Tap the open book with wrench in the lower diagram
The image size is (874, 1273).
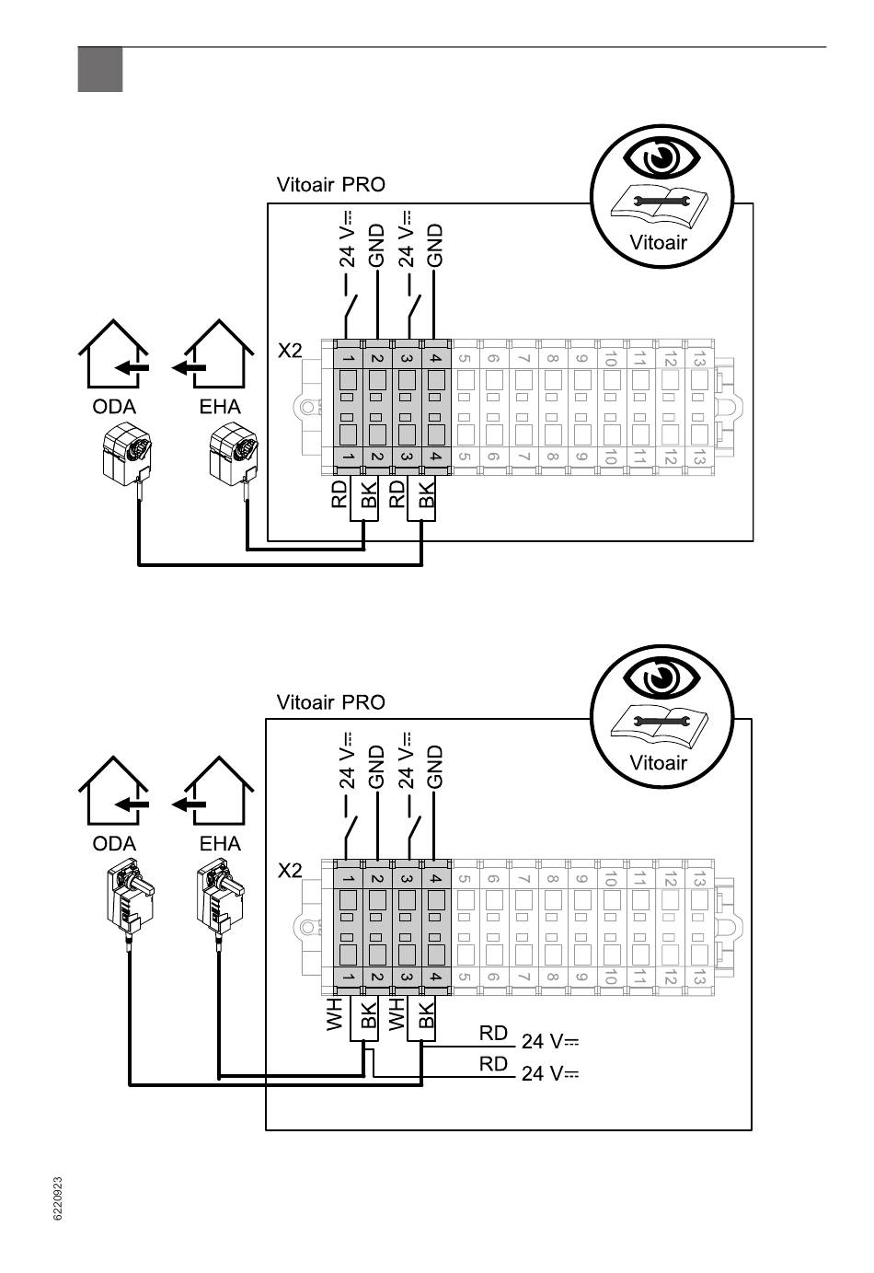tap(660, 723)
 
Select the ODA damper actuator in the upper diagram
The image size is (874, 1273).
tap(127, 454)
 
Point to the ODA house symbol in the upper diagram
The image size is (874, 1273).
tap(113, 353)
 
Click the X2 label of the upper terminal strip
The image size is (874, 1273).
tap(290, 351)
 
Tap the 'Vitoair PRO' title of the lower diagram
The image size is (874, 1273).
tap(330, 702)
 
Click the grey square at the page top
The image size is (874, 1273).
tap(100, 69)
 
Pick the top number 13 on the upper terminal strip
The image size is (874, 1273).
tap(699, 359)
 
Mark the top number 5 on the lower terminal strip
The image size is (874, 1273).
tap(464, 879)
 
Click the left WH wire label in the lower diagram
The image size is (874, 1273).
tap(335, 1013)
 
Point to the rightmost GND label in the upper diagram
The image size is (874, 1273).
tap(434, 245)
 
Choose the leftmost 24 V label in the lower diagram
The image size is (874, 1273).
tap(347, 760)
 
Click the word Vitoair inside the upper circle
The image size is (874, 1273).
tap(658, 243)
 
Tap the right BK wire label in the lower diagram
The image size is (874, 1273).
tap(426, 1014)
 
